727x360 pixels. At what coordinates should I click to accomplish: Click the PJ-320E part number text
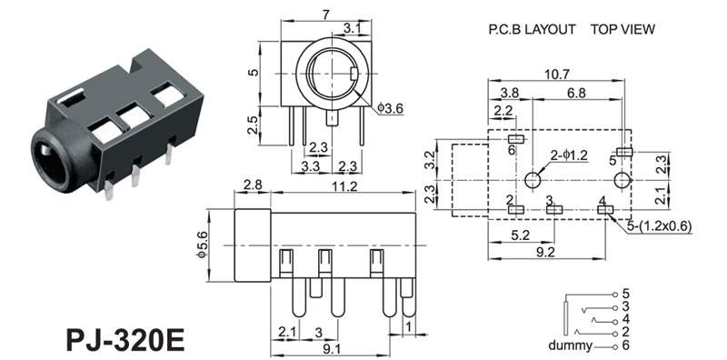pos(125,341)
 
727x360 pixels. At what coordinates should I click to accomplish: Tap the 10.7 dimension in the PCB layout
pos(556,75)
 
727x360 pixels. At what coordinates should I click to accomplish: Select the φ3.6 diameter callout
pos(390,108)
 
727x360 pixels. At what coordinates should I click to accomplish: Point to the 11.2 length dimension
pos(345,186)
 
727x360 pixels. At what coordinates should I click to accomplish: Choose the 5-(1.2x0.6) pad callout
pos(659,226)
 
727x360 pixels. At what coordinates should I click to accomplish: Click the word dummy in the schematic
pos(570,345)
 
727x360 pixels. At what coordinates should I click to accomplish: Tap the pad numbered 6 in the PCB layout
pos(515,139)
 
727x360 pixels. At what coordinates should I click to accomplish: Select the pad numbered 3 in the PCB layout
pos(554,210)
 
